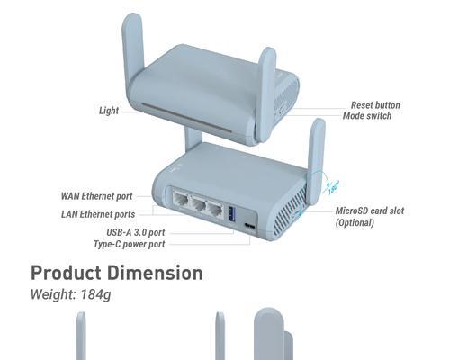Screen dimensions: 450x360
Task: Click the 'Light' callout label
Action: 109,111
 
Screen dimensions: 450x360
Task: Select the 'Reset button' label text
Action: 375,105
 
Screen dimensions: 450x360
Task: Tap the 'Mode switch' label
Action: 367,116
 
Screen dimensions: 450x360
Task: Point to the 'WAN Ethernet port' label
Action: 96,196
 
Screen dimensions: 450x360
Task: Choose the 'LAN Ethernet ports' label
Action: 98,214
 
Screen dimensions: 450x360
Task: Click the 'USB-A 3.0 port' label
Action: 136,232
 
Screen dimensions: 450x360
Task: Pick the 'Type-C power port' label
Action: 129,244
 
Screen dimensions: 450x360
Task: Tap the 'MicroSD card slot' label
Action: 370,211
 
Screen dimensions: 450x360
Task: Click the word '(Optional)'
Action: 355,223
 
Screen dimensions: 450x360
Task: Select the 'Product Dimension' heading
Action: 117,273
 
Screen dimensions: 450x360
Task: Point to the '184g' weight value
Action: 95,294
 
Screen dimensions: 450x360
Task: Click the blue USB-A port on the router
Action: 231,214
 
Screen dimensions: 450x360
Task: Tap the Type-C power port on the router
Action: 250,225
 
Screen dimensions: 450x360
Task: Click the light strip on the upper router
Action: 186,118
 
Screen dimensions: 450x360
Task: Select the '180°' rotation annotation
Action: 333,187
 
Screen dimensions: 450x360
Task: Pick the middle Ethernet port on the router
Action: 198,204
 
